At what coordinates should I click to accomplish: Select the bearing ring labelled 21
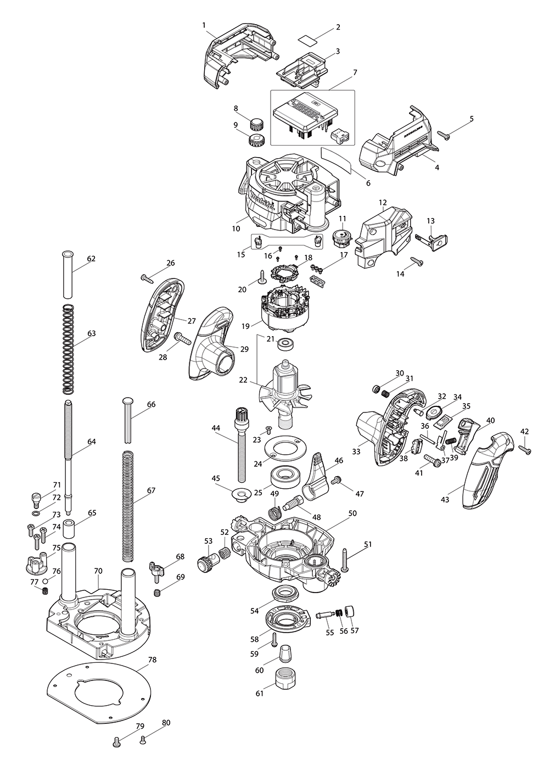click(286, 344)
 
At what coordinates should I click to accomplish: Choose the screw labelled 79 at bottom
click(117, 742)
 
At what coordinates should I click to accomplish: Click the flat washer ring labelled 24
click(285, 448)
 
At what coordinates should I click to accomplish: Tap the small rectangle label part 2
click(309, 39)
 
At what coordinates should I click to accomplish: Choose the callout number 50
click(352, 513)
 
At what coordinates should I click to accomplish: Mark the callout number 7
click(355, 72)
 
